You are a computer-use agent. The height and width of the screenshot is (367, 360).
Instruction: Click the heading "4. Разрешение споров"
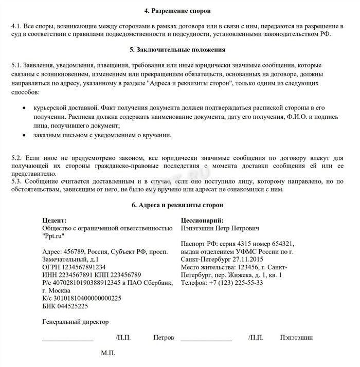[179, 10]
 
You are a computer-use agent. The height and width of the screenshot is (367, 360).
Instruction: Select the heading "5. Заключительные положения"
[179, 50]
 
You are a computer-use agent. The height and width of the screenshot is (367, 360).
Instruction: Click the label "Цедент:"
[55, 220]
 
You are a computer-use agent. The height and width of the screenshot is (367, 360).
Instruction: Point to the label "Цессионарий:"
[202, 220]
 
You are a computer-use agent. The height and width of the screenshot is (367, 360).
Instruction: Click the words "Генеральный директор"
[76, 322]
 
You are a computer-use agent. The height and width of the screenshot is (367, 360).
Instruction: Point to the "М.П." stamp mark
[108, 354]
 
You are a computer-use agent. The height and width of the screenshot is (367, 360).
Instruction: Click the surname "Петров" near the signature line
[164, 338]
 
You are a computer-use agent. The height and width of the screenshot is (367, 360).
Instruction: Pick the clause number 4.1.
[16, 26]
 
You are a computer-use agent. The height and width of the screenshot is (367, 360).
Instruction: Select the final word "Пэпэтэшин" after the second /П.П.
[296, 338]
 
